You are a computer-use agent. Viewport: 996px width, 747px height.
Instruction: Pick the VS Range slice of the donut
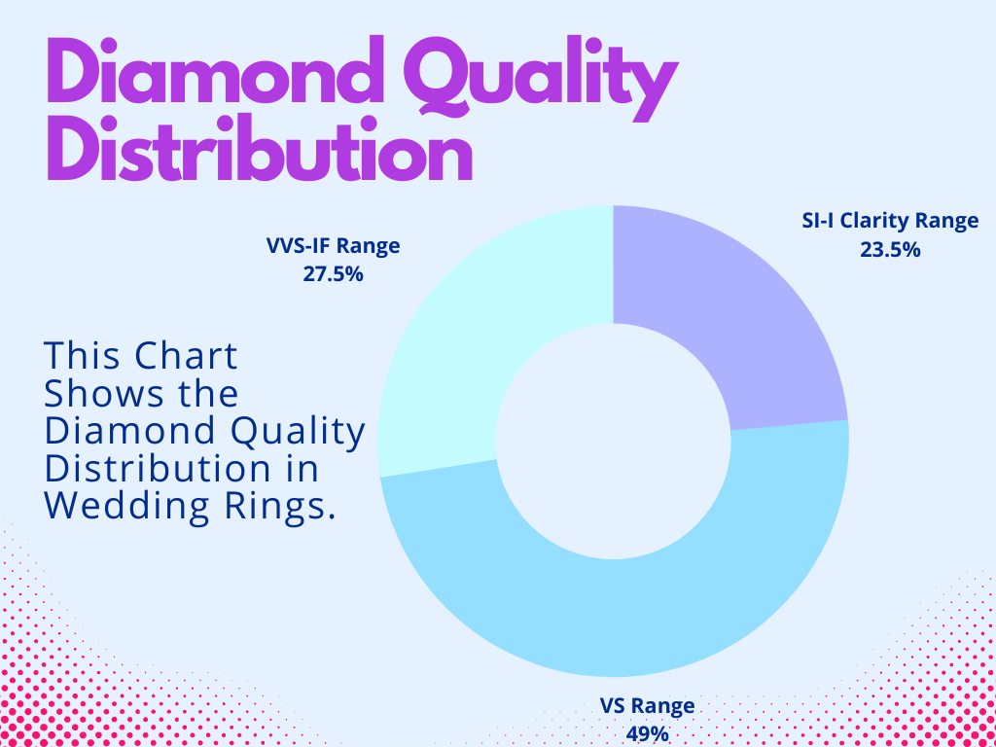pos(622,613)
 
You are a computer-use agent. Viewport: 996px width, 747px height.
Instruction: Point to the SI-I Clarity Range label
pos(883,221)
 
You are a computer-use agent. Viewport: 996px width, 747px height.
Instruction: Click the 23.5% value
pos(889,249)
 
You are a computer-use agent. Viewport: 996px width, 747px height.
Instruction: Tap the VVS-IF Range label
pos(334,246)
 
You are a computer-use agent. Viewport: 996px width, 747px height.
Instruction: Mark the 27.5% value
pos(333,274)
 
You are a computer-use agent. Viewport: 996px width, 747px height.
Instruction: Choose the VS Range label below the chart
pos(648,706)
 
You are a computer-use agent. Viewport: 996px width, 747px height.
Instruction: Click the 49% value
pos(648,733)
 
